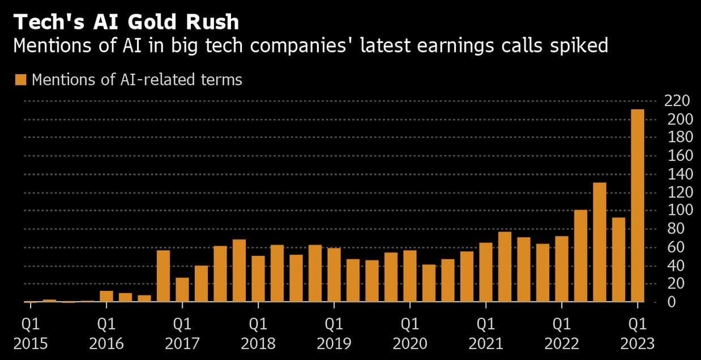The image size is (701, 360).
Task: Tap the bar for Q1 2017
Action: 182,290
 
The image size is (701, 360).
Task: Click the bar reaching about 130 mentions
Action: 600,243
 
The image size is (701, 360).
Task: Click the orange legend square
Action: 21,80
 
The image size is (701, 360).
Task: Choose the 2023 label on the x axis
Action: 638,344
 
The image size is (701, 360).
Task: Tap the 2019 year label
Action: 334,344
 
